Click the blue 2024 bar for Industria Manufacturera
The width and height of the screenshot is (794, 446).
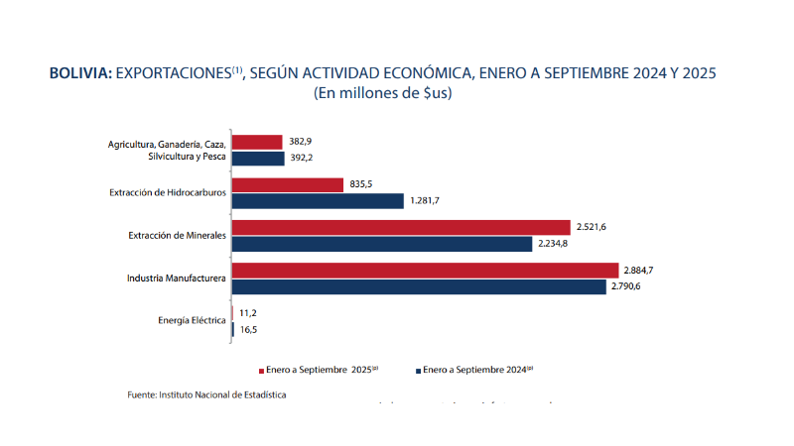coord(418,286)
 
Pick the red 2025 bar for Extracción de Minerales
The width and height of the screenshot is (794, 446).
coord(401,227)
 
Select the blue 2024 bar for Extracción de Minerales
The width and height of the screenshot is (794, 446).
coord(382,243)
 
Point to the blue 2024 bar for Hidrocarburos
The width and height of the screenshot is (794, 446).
coord(318,200)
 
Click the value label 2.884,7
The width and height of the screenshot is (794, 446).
coord(641,271)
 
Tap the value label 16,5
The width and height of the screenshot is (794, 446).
coord(248,329)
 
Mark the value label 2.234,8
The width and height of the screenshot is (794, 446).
coord(557,244)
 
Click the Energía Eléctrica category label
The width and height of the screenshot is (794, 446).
coord(192,320)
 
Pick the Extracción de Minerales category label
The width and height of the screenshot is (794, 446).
coord(178,235)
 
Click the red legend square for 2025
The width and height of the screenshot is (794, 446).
coord(260,371)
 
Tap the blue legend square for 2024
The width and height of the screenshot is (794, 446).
coord(418,371)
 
